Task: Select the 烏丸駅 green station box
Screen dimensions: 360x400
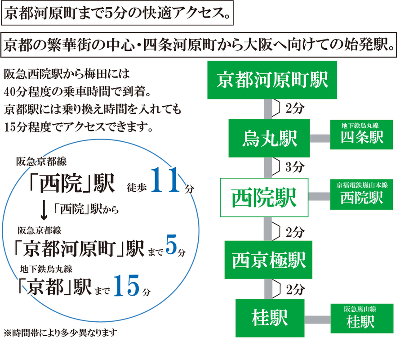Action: [x=269, y=138]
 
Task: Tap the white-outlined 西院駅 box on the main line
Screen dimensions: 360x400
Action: [x=264, y=197]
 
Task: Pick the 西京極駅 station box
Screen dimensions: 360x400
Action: [x=269, y=259]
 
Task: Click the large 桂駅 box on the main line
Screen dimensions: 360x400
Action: [x=270, y=318]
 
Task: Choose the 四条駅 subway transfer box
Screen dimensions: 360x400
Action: [x=362, y=135]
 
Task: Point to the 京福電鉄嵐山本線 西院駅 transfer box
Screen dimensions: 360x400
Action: [x=362, y=194]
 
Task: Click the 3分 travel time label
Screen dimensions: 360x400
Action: [x=294, y=167]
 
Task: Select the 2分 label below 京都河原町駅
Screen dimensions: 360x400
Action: [x=294, y=108]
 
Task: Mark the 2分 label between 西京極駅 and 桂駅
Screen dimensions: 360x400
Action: [x=295, y=290]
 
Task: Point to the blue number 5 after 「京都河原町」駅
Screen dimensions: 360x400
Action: [x=170, y=246]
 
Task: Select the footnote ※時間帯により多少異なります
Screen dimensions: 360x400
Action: [x=60, y=333]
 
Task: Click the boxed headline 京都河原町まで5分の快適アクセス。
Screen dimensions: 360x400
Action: [x=118, y=15]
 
